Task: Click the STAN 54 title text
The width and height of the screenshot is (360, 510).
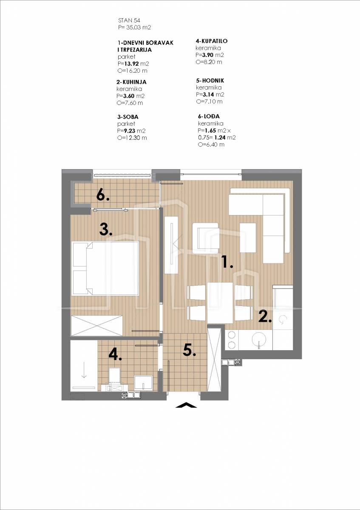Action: [x=129, y=20]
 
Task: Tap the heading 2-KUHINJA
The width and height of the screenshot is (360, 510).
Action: [x=131, y=82]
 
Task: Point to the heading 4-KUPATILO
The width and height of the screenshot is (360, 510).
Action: [x=212, y=41]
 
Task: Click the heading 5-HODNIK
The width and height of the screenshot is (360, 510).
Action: [x=210, y=80]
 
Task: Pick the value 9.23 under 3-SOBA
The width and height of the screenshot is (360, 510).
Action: [x=129, y=131]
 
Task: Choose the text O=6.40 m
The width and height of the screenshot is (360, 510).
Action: [x=211, y=144]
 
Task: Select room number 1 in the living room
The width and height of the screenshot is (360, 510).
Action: [x=227, y=262]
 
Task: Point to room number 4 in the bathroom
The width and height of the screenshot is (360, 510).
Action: [x=115, y=354]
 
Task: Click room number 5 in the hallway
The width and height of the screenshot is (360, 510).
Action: [x=189, y=350]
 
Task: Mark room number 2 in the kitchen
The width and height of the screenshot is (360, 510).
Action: [x=265, y=316]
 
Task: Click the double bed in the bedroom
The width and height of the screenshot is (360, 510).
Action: [x=105, y=269]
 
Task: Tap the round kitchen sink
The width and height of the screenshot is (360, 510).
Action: [x=259, y=340]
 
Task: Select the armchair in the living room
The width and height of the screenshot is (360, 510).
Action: [x=205, y=238]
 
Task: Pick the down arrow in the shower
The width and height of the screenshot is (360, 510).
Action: [x=84, y=371]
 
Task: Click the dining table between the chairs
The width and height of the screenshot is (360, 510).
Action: [x=220, y=303]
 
